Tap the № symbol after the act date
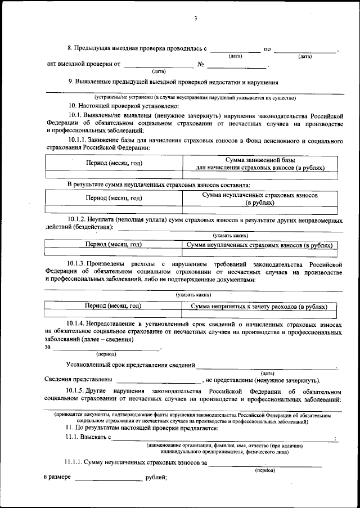tap(201, 64)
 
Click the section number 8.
tap(70, 50)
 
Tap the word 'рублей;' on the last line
tap(156, 477)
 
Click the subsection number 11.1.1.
tap(73, 463)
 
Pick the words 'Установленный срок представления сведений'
tap(130, 365)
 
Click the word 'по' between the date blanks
tap(267, 50)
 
